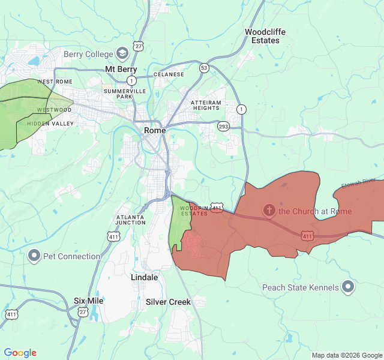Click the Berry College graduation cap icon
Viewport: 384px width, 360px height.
(123, 54)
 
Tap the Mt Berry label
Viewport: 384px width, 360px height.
(121, 70)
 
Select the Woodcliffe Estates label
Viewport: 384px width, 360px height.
(262, 36)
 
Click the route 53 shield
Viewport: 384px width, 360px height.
(205, 68)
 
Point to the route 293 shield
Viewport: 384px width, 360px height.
(223, 127)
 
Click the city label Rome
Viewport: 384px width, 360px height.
(155, 130)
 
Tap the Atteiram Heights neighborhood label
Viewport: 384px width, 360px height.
(206, 105)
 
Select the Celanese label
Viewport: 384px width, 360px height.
(169, 74)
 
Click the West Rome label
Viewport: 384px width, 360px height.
(55, 82)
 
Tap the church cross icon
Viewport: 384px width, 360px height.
(269, 211)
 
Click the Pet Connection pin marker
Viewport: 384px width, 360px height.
(34, 256)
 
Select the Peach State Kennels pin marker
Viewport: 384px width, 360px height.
(348, 287)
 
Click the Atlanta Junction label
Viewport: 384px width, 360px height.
(131, 219)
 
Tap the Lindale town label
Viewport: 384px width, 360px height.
(145, 278)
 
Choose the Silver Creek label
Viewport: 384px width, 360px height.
(168, 302)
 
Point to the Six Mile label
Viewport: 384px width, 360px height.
(88, 301)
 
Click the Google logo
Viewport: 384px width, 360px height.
(20, 353)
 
